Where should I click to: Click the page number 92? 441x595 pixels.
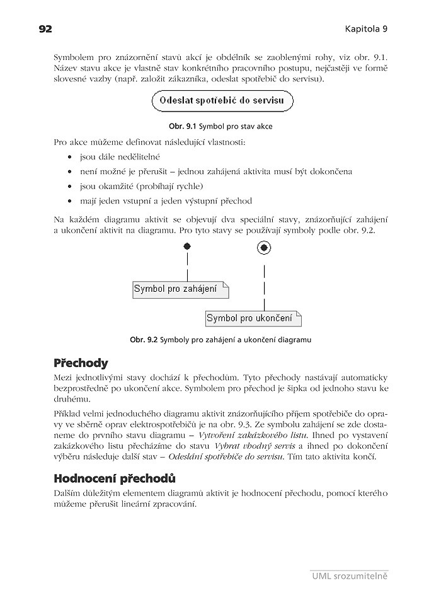[x=45, y=29]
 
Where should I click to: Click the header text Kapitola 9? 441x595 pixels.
[x=366, y=29]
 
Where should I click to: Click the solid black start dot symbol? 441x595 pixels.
[x=187, y=247]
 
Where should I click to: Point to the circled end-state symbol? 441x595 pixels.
[x=264, y=248]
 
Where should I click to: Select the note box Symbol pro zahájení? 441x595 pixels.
[x=180, y=289]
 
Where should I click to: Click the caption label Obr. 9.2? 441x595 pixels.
[x=144, y=340]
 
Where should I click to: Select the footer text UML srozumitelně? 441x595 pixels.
[x=350, y=575]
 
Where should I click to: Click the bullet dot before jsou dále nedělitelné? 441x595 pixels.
[x=69, y=156]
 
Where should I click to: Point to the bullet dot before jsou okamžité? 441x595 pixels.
[x=69, y=187]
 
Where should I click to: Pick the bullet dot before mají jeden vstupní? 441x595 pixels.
[x=69, y=202]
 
